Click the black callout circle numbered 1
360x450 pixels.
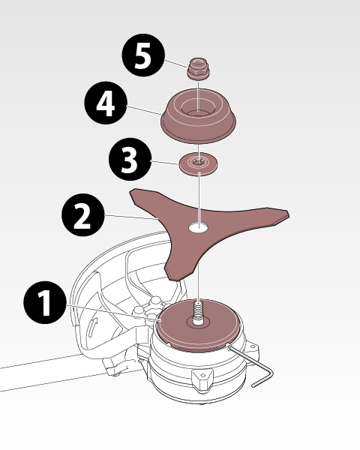(x=44, y=302)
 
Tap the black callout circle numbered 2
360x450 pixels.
(x=83, y=215)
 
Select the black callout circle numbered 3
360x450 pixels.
(x=130, y=159)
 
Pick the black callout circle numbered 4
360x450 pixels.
(x=106, y=103)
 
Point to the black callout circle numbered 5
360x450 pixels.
(x=143, y=55)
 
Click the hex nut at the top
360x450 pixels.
(x=198, y=68)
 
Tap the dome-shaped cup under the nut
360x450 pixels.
(x=198, y=115)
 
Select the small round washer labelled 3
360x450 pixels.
(x=198, y=163)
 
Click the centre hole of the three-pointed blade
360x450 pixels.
(x=198, y=227)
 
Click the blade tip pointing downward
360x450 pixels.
(x=174, y=274)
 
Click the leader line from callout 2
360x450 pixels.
(x=132, y=217)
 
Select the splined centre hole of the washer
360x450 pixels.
(x=198, y=163)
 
